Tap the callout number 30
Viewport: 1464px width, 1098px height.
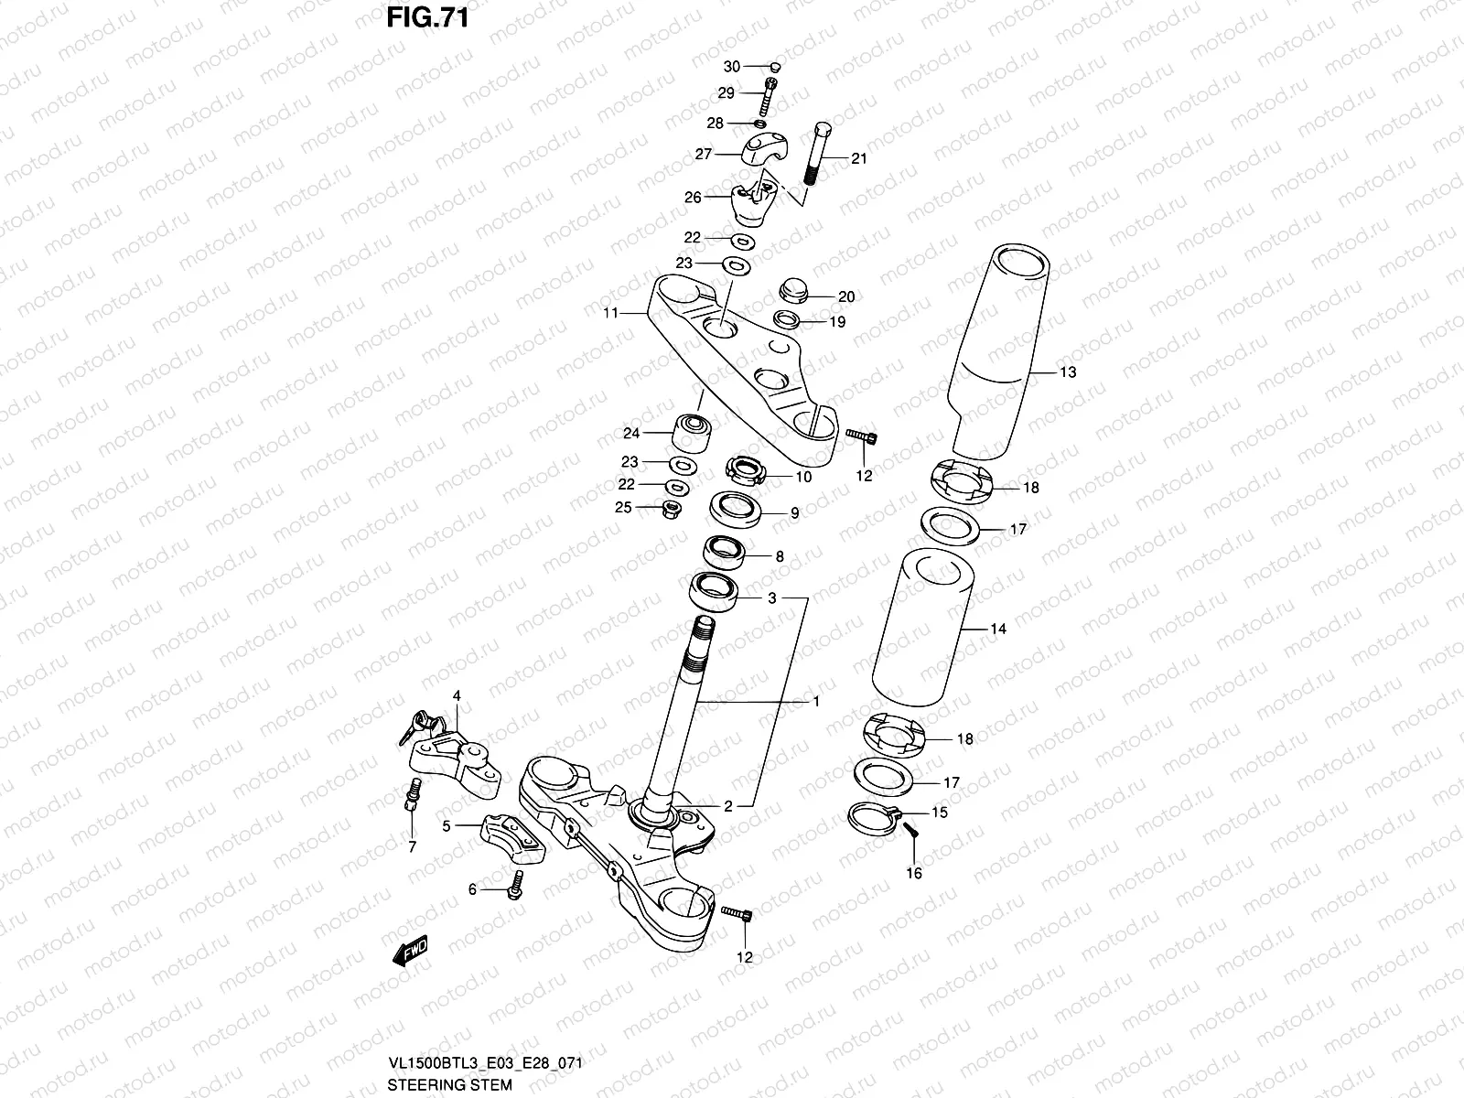[x=731, y=67]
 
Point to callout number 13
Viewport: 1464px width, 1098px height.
[x=1042, y=372]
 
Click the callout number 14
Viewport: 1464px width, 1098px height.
[x=998, y=630]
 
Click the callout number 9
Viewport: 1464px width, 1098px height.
[x=794, y=513]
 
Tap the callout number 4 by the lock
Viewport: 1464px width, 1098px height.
[x=457, y=696]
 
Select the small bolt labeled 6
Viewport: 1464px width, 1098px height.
[x=519, y=884]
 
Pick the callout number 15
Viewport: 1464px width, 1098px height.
[x=940, y=813]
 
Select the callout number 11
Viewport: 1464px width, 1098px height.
[x=610, y=313]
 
